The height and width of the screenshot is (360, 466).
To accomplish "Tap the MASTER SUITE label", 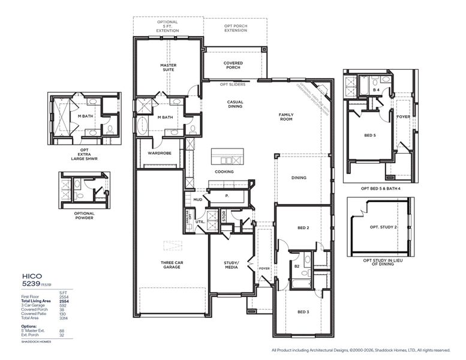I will coord(167,68).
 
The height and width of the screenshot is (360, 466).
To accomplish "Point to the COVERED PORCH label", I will coord(233,65).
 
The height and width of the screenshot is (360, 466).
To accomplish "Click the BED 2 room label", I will coord(303,228).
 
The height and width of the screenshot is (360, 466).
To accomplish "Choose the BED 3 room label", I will coord(303,312).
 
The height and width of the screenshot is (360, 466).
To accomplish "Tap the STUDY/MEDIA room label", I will coord(232,265).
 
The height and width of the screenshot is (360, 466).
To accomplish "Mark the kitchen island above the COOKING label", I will coord(228,158).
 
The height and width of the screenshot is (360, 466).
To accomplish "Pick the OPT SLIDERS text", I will coord(233,85).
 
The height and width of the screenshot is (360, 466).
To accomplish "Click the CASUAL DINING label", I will coord(234,105).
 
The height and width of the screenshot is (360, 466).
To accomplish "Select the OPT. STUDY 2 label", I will coord(383,227).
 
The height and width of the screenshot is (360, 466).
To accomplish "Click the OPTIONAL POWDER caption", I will coord(84,215).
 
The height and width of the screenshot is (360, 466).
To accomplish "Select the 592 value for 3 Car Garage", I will coord(62,305).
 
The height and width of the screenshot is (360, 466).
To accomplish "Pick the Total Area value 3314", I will coord(63,317).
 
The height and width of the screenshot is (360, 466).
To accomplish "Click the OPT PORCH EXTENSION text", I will coord(235,28).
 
